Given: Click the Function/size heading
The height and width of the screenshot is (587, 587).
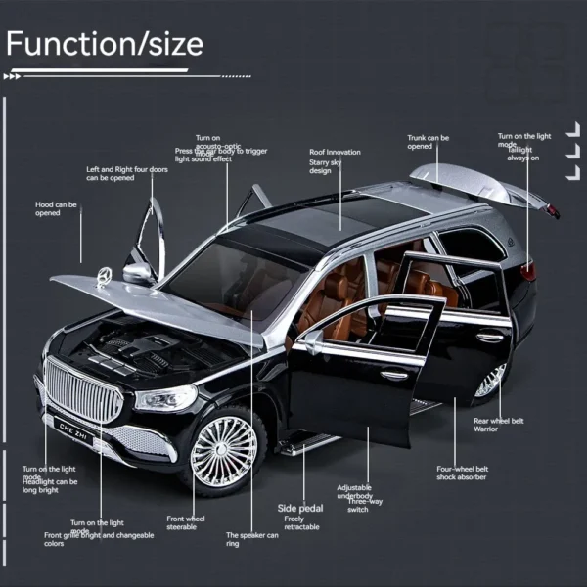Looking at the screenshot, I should [x=105, y=44].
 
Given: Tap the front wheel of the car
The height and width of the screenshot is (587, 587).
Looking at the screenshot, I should [x=224, y=452].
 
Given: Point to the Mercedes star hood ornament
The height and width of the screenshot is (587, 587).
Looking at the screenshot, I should [x=101, y=274].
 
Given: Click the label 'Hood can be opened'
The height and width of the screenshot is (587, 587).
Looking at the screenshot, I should [x=56, y=209].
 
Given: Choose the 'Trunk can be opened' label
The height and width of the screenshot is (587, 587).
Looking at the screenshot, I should [x=428, y=142].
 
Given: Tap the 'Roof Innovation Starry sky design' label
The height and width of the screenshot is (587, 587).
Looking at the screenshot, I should [x=335, y=161].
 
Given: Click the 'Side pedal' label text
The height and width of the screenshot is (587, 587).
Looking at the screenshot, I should [x=300, y=508].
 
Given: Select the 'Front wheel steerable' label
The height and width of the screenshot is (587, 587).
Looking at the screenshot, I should [x=186, y=522].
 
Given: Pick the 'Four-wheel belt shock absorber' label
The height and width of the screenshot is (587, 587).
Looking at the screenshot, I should [x=463, y=474].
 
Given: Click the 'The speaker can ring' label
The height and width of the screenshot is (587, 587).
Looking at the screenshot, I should [x=252, y=539].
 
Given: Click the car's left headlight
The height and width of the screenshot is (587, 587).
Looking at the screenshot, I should [x=167, y=398].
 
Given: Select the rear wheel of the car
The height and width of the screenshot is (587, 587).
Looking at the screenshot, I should [x=492, y=381].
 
